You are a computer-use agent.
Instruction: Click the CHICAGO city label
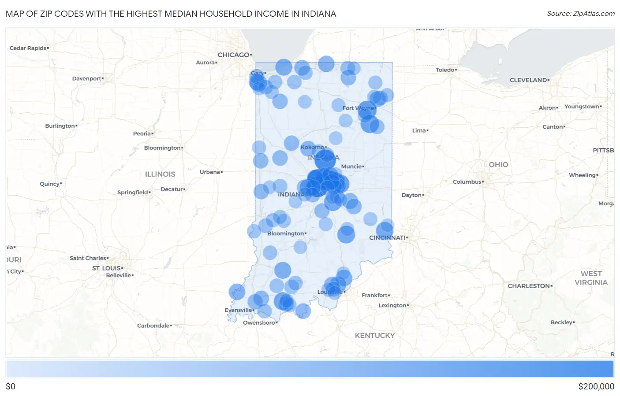[234, 55]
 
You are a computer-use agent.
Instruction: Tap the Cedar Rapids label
[28, 48]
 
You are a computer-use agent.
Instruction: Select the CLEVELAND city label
[528, 80]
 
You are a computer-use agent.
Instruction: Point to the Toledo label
[445, 70]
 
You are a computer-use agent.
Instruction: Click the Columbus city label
[467, 182]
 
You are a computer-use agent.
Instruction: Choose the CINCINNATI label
[387, 238]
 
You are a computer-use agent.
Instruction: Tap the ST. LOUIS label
[106, 268]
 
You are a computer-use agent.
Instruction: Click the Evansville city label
[238, 310]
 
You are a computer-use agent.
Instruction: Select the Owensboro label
[259, 323]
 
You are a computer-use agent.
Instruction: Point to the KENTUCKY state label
[375, 336]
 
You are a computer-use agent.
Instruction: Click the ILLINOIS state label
[160, 174]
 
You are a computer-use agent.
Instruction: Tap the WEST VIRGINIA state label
[591, 278]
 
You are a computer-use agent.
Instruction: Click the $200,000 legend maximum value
[596, 386]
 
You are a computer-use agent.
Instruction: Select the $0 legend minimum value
[11, 386]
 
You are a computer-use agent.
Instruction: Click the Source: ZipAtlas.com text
[581, 14]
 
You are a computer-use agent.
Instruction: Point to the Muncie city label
[351, 167]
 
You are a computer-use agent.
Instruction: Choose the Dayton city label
[411, 195]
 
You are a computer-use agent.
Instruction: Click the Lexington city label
[392, 306]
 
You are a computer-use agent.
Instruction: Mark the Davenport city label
[86, 79]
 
